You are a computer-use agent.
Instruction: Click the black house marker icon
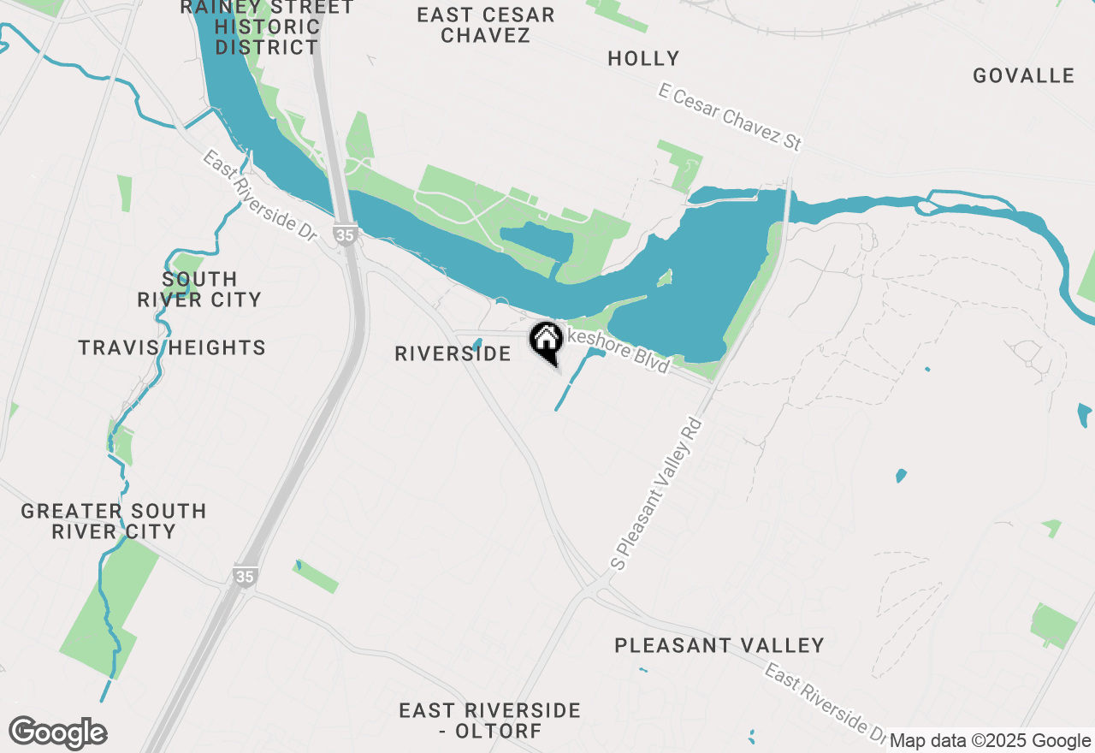click(x=546, y=341)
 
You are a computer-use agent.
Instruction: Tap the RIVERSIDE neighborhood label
click(x=453, y=353)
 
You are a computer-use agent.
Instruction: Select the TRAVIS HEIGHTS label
click(x=172, y=348)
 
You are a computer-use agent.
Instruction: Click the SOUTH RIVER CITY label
click(x=199, y=289)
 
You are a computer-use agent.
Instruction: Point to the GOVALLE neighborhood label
click(x=1023, y=76)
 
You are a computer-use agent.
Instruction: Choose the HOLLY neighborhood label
click(x=643, y=59)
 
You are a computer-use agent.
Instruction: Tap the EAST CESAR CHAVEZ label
click(x=486, y=25)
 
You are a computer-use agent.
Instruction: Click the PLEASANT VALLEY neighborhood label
click(x=719, y=645)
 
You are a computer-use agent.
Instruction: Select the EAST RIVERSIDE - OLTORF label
click(x=490, y=720)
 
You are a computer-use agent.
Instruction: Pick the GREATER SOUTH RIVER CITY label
click(x=114, y=521)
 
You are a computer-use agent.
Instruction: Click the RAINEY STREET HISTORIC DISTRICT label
click(x=267, y=27)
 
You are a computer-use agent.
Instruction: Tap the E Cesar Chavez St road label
click(x=731, y=117)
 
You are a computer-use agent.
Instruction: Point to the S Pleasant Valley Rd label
click(x=657, y=494)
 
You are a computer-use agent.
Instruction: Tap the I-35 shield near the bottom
click(x=245, y=577)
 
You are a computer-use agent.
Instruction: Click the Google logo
click(x=58, y=732)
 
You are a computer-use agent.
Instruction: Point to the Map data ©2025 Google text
click(x=990, y=741)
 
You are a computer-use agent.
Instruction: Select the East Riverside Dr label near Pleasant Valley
click(x=825, y=703)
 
